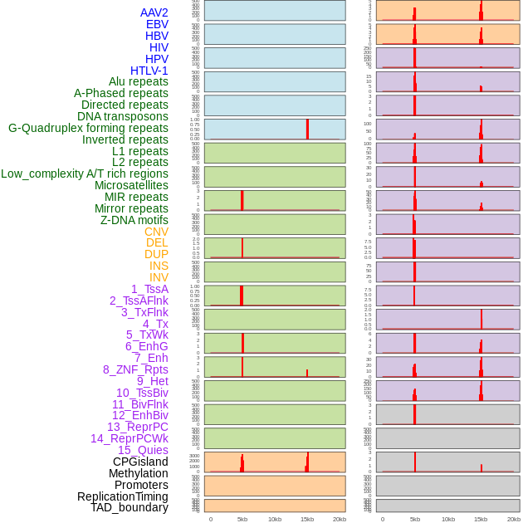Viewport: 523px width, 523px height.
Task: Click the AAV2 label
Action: click(x=154, y=12)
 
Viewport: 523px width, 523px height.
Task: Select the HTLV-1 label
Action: click(x=149, y=71)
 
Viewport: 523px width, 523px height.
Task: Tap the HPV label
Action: click(x=156, y=59)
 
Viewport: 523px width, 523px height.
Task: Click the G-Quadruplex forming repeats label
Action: click(x=88, y=128)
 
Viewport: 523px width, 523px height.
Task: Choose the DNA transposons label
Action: click(x=122, y=116)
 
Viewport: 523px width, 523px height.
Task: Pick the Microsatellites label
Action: click(x=131, y=185)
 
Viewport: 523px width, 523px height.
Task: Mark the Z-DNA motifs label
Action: click(x=134, y=220)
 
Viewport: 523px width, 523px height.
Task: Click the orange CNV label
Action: click(x=156, y=232)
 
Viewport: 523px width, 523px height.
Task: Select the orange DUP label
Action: click(x=156, y=254)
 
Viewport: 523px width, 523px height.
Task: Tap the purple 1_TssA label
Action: click(x=149, y=289)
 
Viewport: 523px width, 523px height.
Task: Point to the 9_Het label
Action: click(x=152, y=381)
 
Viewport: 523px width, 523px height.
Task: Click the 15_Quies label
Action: click(x=143, y=450)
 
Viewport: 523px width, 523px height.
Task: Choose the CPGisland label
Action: click(x=140, y=462)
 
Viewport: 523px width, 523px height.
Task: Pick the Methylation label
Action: click(x=138, y=473)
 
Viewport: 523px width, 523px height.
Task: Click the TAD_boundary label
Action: click(x=129, y=507)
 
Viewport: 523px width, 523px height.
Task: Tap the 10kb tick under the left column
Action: click(x=274, y=519)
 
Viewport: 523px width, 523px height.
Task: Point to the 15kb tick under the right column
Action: click(x=481, y=519)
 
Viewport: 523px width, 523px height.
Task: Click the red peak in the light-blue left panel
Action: click(x=307, y=129)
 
